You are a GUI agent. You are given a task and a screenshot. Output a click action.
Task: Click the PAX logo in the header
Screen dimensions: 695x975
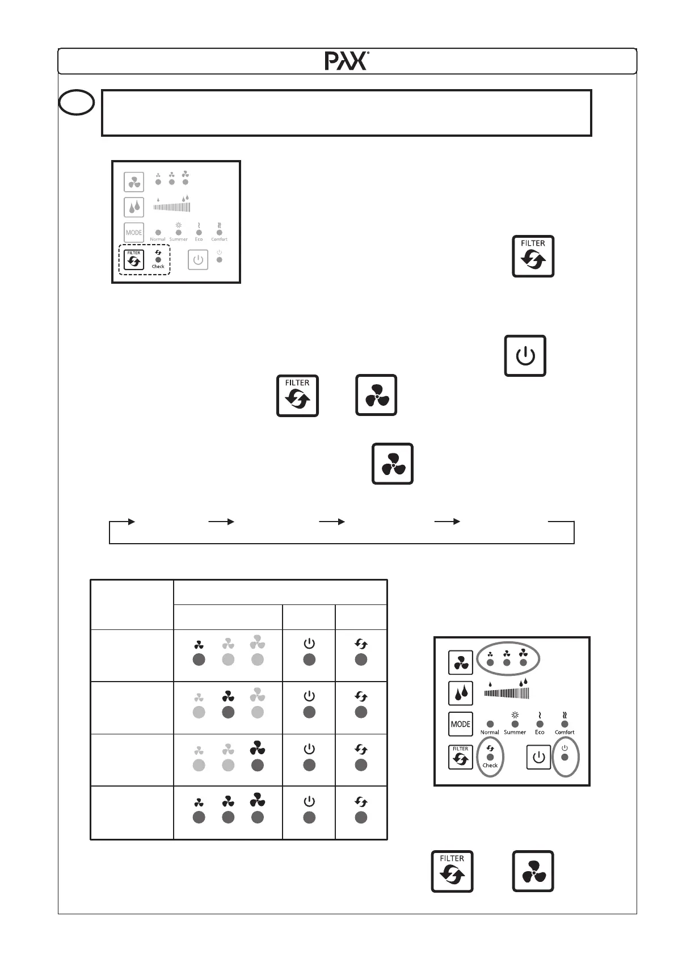347,61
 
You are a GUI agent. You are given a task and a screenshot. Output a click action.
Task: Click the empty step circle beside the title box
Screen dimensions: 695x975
76,103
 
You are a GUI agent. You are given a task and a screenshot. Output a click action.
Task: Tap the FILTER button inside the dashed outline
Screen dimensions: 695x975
134,260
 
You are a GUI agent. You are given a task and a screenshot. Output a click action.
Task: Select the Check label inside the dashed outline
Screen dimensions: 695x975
158,266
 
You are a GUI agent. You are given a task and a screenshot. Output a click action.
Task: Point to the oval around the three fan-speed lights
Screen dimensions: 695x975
508,659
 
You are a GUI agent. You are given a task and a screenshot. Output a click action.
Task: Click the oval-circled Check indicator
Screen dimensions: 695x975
490,757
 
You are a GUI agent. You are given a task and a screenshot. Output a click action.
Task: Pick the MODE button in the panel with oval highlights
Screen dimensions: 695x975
460,724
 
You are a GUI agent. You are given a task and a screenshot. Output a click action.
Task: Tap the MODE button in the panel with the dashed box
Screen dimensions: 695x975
134,233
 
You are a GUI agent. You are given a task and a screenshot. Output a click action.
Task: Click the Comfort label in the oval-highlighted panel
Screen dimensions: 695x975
565,732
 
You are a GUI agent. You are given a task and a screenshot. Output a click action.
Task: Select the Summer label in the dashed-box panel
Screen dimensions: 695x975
178,239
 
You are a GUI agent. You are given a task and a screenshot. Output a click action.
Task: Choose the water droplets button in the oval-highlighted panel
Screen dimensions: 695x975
460,693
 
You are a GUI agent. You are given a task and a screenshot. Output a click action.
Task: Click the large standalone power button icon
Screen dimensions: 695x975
525,356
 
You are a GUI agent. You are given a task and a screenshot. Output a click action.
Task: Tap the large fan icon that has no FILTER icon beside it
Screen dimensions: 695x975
392,464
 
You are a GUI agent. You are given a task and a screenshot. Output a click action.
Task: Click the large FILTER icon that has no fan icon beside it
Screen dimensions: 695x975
533,256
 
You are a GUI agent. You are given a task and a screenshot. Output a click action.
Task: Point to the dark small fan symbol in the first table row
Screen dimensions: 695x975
199,645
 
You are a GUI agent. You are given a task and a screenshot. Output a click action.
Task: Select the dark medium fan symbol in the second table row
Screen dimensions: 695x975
228,696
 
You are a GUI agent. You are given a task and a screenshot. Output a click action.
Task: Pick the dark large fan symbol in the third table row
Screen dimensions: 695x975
257,747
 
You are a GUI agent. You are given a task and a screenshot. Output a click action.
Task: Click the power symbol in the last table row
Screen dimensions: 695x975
309,801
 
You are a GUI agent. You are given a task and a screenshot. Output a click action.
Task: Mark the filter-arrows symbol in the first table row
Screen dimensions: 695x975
361,644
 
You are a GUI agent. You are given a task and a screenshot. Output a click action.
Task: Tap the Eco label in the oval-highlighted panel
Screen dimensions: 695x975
540,732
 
